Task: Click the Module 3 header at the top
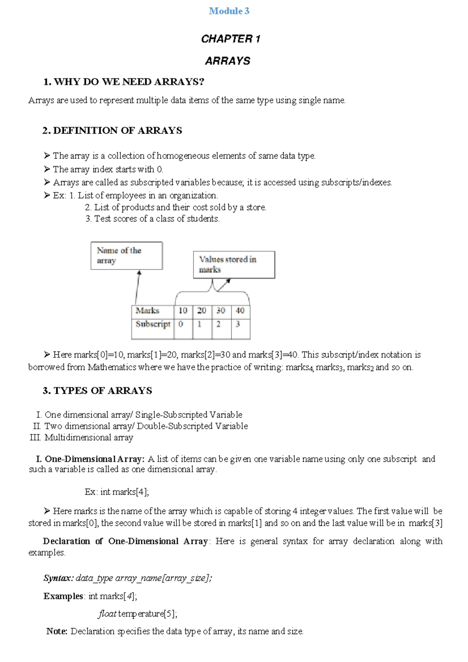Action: pos(229,11)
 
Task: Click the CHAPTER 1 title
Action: pos(230,39)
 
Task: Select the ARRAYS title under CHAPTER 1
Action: pos(228,61)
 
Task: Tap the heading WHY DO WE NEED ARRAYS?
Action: pos(124,82)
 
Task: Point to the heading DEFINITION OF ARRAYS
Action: pos(112,130)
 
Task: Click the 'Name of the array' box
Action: pos(126,256)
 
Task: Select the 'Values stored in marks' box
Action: pos(234,264)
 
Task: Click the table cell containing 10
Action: pos(183,311)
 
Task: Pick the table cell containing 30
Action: pos(221,311)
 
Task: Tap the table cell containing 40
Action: pos(240,311)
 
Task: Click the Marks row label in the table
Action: pos(147,311)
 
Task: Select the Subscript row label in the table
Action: pos(153,324)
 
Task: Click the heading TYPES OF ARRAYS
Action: pos(97,390)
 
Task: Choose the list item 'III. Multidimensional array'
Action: pos(82,437)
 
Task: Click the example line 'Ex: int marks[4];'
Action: pos(117,492)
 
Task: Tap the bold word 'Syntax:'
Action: pos(58,578)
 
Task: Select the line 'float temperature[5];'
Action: pos(138,614)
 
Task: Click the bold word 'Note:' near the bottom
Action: pos(57,631)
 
